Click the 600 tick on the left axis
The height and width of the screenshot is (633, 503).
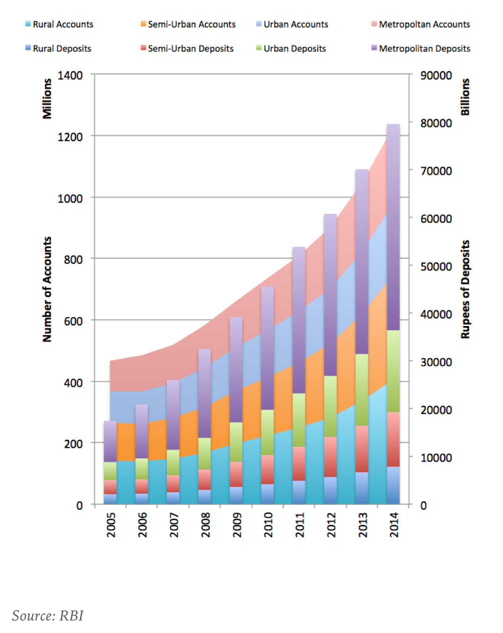[x=73, y=321]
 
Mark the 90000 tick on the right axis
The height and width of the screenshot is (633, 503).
[x=436, y=76]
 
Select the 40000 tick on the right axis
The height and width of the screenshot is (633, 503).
[x=436, y=314]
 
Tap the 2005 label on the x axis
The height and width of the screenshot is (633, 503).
[x=111, y=524]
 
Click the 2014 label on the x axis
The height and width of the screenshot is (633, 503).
[x=394, y=524]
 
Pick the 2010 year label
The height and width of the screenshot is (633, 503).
[x=269, y=524]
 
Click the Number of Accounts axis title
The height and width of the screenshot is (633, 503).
[x=47, y=289]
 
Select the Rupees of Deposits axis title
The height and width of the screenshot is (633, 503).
[x=465, y=289]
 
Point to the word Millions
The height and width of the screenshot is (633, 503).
[x=47, y=99]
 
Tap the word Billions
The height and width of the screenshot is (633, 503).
[x=465, y=97]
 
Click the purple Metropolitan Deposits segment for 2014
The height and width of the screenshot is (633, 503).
[x=393, y=225]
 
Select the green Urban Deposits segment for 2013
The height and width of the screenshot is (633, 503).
[x=362, y=390]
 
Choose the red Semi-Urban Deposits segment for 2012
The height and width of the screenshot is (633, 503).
[x=330, y=457]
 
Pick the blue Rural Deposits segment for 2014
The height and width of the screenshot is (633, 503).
[x=393, y=485]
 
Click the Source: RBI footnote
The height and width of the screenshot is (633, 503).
[x=48, y=615]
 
